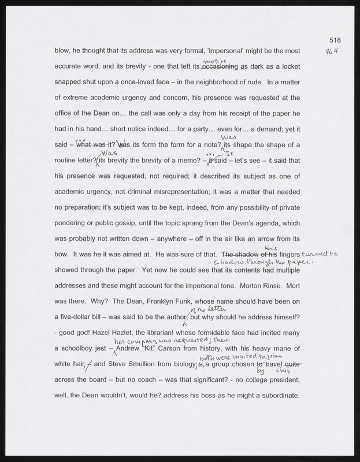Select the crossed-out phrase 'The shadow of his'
click(x=249, y=254)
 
